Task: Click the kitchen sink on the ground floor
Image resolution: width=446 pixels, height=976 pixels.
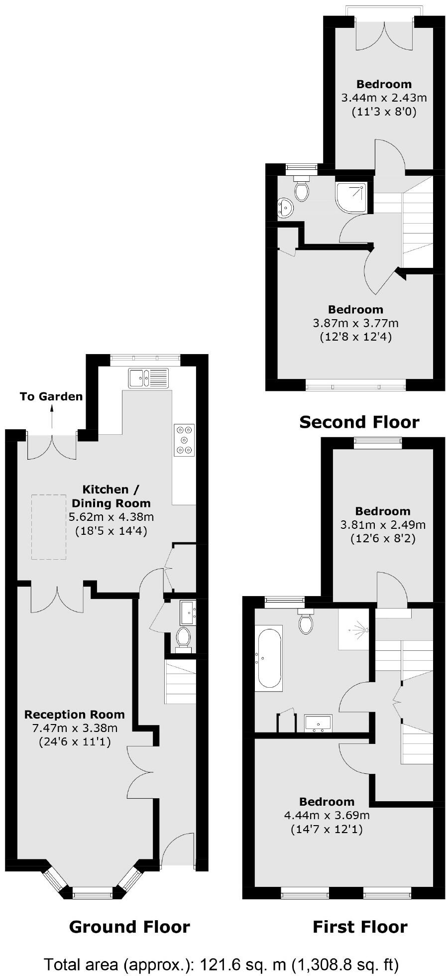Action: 148,378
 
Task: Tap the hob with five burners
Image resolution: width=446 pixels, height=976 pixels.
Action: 184,440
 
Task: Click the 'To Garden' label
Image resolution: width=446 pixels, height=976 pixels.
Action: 51,397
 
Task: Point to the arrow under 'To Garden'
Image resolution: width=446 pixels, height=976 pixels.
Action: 52,416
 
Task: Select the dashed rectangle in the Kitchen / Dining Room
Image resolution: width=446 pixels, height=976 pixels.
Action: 49,527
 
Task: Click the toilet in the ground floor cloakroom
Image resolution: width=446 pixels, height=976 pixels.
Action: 184,638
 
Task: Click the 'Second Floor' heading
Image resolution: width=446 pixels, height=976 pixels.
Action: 359,422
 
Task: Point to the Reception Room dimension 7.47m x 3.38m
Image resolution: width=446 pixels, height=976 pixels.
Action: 75,729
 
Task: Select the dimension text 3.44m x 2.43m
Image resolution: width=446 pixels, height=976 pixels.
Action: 384,98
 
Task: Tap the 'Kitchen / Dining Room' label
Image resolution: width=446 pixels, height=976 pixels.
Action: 111,496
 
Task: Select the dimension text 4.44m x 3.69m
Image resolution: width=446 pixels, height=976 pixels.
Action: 327,815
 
